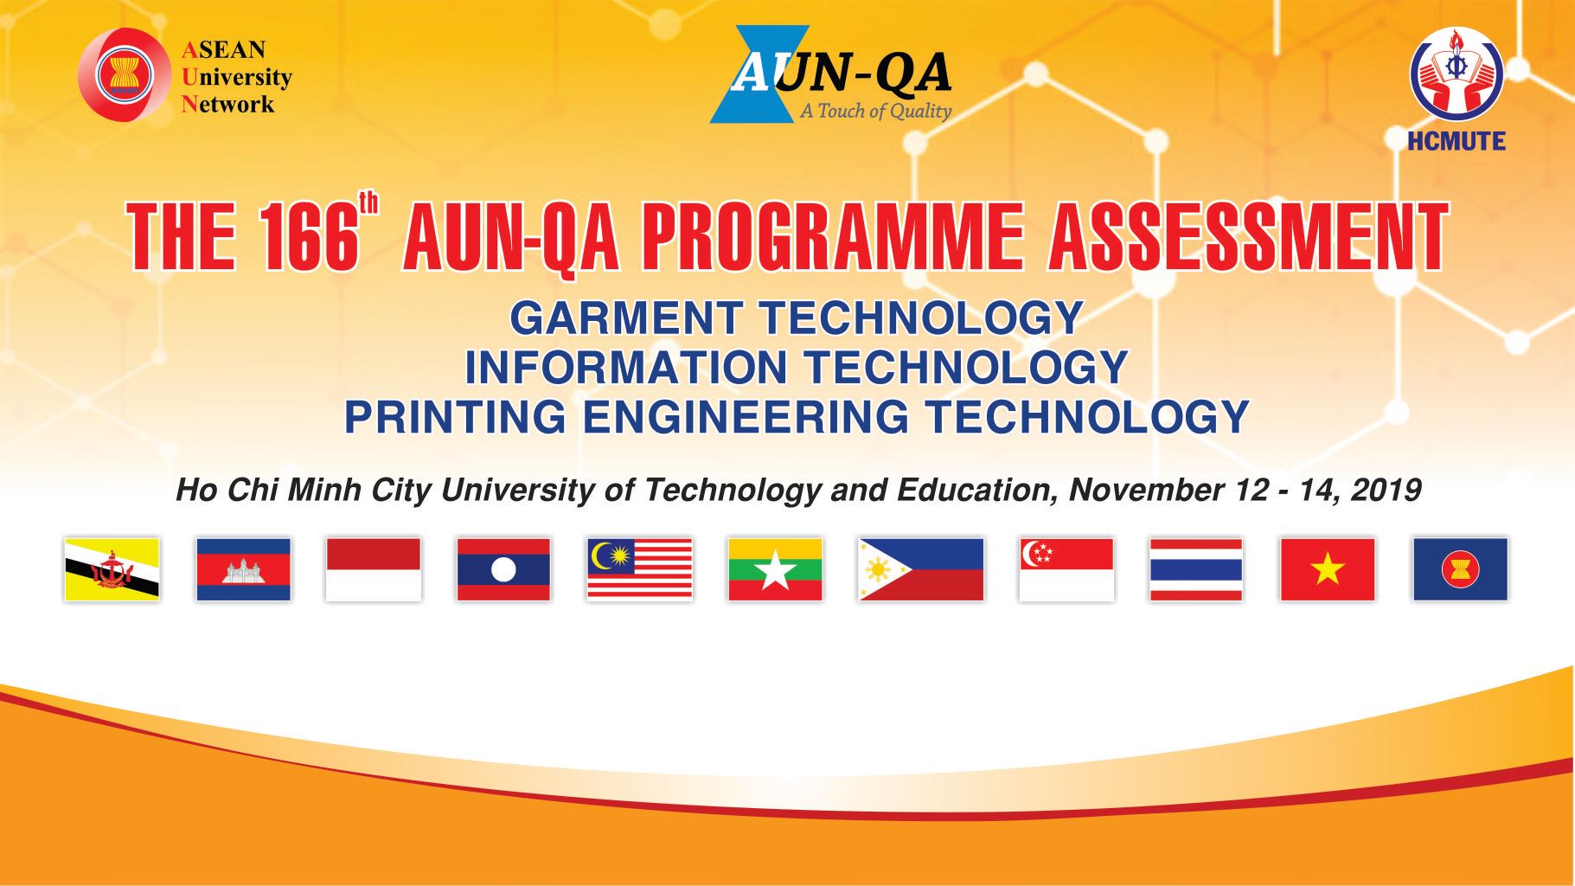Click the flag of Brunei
tap(112, 569)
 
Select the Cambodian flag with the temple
tap(243, 569)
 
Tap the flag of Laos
tap(503, 569)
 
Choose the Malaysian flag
tap(639, 569)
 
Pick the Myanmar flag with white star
tap(775, 569)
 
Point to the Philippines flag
tap(921, 569)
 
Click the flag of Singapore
tap(1066, 569)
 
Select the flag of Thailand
tap(1196, 569)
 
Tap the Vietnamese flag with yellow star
tap(1328, 569)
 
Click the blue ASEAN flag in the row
tap(1460, 569)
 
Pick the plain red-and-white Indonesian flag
tap(373, 569)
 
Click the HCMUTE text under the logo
tap(1457, 141)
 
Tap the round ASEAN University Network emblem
tap(123, 74)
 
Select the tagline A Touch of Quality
tap(875, 111)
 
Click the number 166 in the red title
tap(307, 235)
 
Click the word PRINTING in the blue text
tap(455, 416)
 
